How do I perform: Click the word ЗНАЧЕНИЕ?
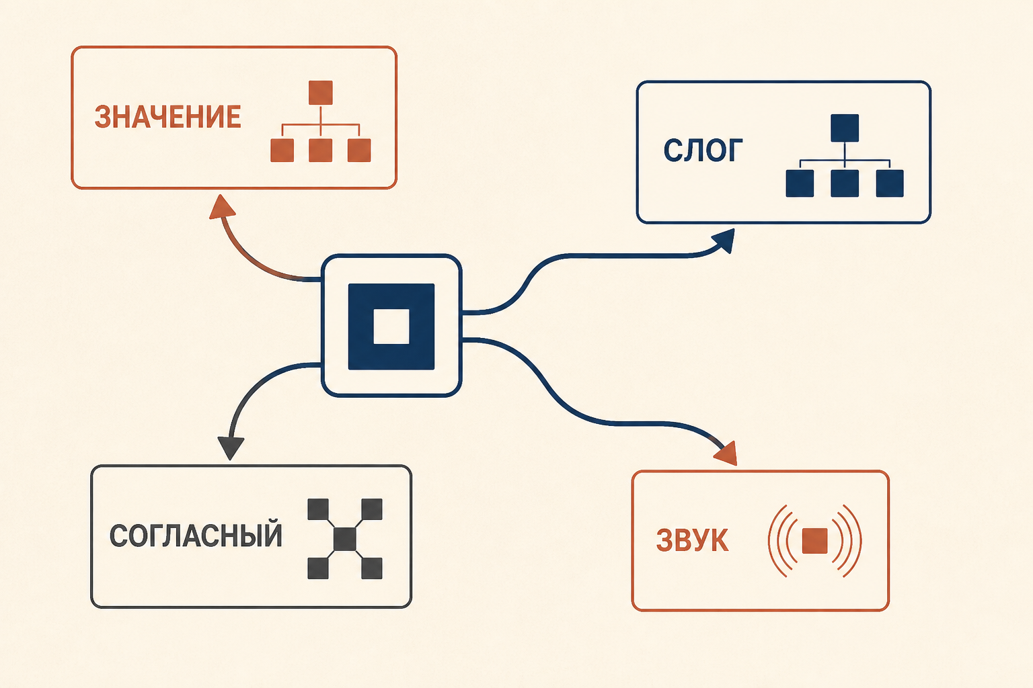168,117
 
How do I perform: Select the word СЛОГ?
703,150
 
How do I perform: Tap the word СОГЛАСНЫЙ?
196,535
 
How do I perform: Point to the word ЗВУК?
692,540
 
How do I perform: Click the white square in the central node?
391,327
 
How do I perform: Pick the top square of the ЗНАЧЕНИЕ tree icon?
321,93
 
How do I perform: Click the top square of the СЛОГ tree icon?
845,128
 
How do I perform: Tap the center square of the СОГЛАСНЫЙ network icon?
345,539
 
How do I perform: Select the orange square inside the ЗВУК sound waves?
815,541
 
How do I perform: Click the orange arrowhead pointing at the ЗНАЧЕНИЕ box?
222,207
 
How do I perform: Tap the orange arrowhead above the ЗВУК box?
726,454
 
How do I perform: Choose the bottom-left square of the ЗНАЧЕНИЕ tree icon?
282,150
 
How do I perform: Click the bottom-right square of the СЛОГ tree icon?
890,183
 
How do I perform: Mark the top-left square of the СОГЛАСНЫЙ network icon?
318,509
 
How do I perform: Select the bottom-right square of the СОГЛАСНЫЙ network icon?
372,568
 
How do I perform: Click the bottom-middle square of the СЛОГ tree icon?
845,183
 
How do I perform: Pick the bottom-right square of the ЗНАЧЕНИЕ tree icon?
358,150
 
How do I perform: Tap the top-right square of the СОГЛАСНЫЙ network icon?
372,509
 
